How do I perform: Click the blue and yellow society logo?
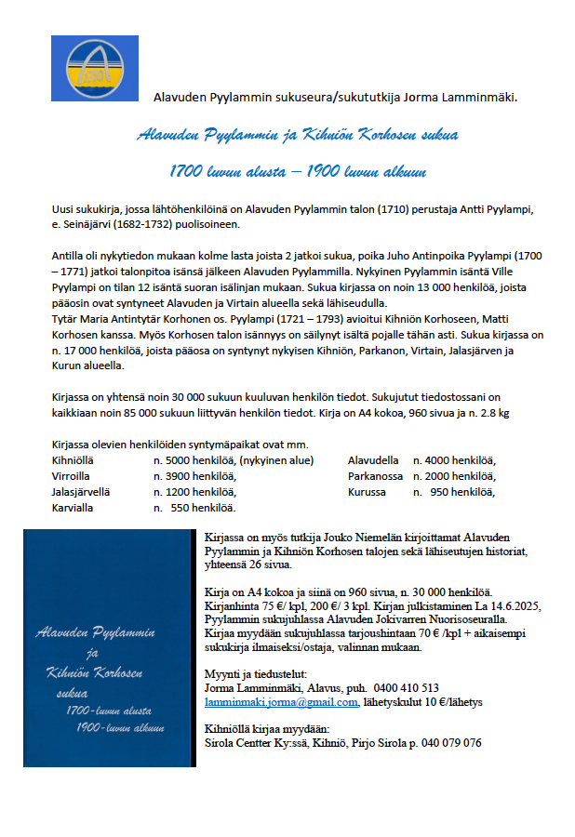pyautogui.click(x=95, y=69)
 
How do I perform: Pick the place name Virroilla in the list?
pyautogui.click(x=73, y=476)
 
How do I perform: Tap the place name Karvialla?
pyautogui.click(x=74, y=508)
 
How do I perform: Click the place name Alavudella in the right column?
pyautogui.click(x=373, y=460)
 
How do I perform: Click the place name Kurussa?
pyautogui.click(x=366, y=492)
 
